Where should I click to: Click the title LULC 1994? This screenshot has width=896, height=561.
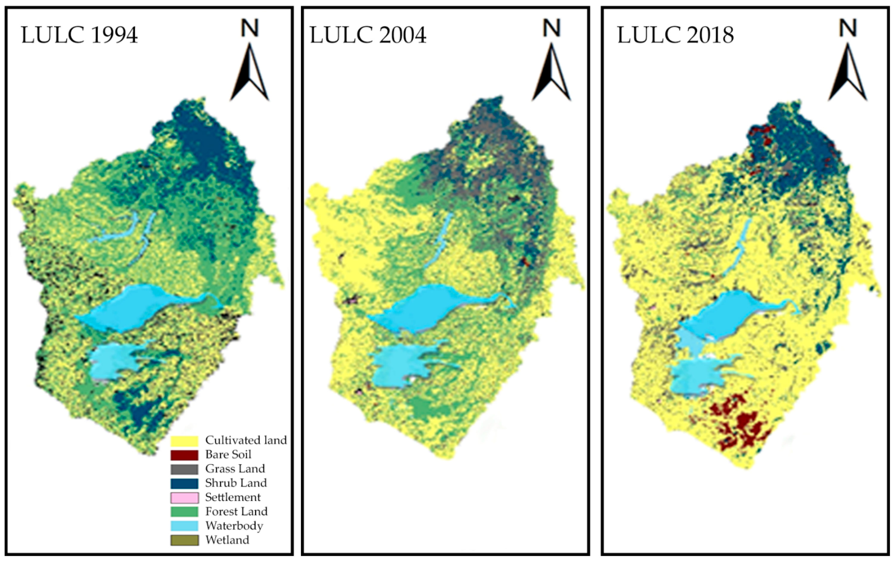(79, 35)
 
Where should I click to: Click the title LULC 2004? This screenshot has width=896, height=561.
(368, 35)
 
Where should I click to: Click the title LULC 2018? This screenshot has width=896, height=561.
(675, 35)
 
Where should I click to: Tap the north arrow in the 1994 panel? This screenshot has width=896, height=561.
(249, 72)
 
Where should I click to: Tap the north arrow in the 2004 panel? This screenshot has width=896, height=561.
(551, 72)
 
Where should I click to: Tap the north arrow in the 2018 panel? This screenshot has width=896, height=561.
(847, 72)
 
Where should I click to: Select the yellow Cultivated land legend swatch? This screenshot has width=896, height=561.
(184, 440)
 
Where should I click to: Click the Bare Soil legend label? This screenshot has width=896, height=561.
(228, 454)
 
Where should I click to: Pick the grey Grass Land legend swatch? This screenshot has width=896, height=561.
(184, 469)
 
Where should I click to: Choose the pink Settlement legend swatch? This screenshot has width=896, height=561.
(184, 498)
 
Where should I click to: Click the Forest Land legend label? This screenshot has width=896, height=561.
(236, 512)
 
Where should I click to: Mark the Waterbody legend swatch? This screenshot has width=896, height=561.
(184, 526)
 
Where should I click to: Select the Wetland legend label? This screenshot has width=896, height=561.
(227, 540)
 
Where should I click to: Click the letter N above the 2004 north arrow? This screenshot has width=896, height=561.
(551, 28)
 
